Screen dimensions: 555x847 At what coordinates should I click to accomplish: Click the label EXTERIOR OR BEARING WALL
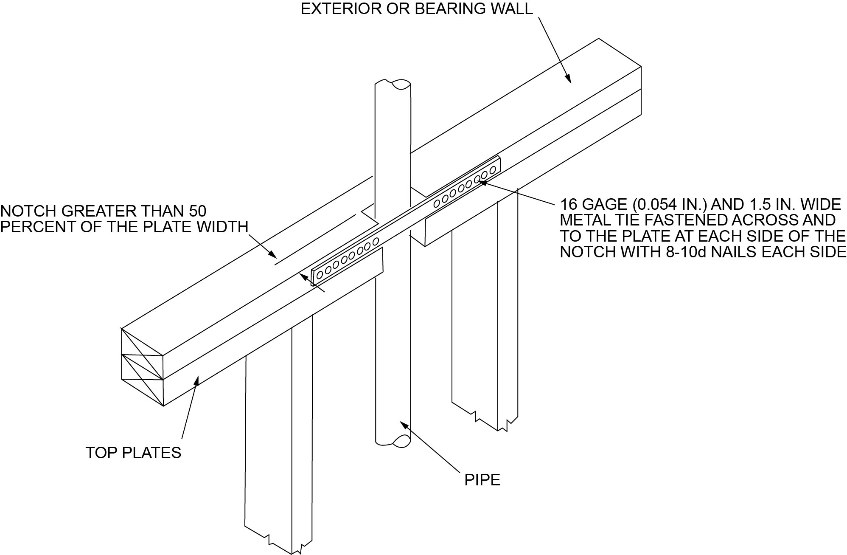(x=417, y=9)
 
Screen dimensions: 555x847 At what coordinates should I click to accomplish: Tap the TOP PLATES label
(x=133, y=453)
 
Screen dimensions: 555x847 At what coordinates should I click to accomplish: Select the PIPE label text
(x=482, y=480)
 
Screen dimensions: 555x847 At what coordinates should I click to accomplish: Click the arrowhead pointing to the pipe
(x=404, y=425)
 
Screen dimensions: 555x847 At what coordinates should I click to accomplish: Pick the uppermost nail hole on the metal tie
(x=493, y=170)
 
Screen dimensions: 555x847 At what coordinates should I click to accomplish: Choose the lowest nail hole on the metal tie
(x=320, y=275)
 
